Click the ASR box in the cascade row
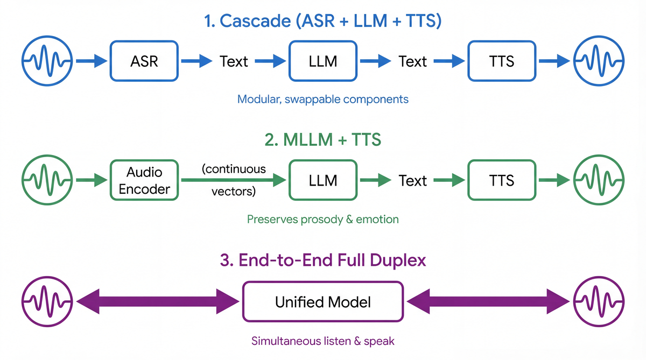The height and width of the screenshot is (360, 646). [144, 61]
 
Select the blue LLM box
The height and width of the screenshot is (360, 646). [323, 61]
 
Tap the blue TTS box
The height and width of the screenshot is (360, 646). [501, 61]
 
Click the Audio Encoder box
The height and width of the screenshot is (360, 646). [144, 180]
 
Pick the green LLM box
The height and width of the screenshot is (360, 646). [323, 180]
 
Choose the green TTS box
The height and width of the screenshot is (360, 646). [501, 180]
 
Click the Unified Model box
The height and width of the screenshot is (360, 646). [323, 301]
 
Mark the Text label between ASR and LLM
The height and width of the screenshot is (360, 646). [234, 61]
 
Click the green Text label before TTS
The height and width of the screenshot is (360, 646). [412, 180]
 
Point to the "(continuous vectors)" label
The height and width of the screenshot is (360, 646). [234, 180]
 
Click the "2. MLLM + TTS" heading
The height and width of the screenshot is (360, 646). [323, 140]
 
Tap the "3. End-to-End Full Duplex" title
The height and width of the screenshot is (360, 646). [323, 260]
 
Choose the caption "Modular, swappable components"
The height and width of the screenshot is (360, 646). [323, 100]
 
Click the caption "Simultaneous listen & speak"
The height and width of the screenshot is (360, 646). [323, 341]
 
